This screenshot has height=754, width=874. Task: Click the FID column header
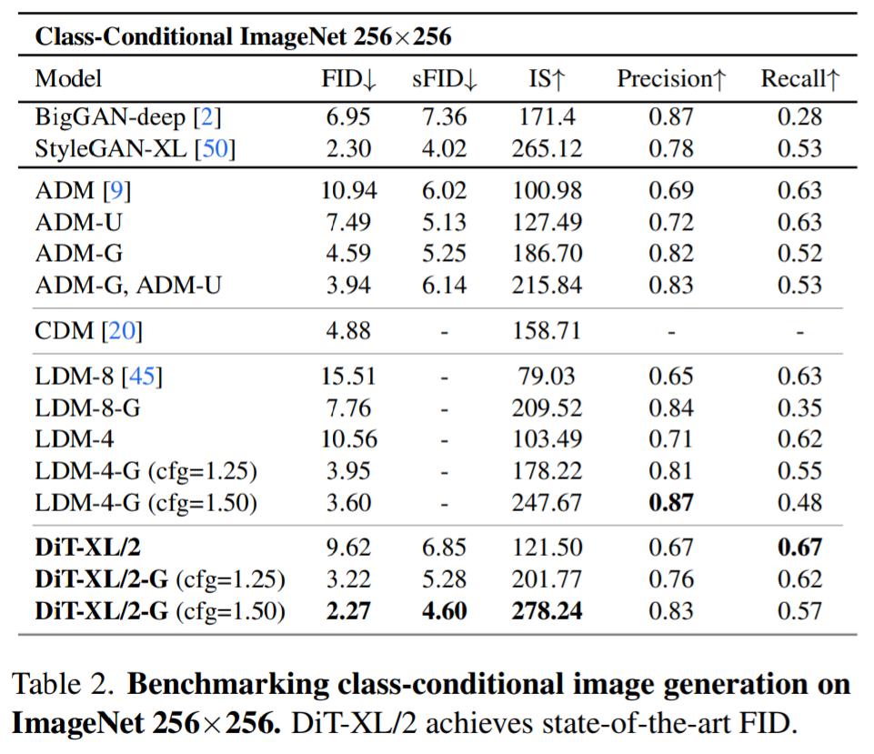pyautogui.click(x=348, y=79)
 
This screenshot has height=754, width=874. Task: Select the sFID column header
pyautogui.click(x=444, y=79)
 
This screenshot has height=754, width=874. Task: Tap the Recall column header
pyautogui.click(x=800, y=79)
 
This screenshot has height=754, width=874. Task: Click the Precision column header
pyautogui.click(x=671, y=79)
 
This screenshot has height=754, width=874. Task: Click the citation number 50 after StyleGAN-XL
pyautogui.click(x=216, y=148)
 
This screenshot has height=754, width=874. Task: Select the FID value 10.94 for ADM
pyautogui.click(x=348, y=191)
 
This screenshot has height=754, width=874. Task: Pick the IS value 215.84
pyautogui.click(x=547, y=286)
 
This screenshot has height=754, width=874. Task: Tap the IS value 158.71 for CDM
pyautogui.click(x=547, y=331)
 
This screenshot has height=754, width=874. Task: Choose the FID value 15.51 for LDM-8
pyautogui.click(x=348, y=377)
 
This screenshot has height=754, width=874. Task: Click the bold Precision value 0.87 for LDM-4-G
pyautogui.click(x=671, y=502)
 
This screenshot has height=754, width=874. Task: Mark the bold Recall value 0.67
pyautogui.click(x=800, y=548)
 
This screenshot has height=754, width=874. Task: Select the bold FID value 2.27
pyautogui.click(x=348, y=611)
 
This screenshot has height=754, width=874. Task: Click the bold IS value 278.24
pyautogui.click(x=547, y=611)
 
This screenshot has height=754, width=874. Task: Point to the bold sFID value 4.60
pyautogui.click(x=444, y=611)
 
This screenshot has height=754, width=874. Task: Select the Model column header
pyautogui.click(x=68, y=79)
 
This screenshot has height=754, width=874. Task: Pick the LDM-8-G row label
pyautogui.click(x=87, y=408)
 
